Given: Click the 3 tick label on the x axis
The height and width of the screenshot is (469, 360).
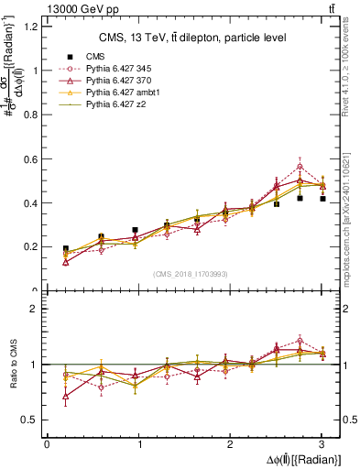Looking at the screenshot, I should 322,444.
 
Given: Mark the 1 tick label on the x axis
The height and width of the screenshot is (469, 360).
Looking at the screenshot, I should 138,444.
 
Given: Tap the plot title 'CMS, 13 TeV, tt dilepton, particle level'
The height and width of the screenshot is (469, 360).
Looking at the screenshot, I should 192,38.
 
